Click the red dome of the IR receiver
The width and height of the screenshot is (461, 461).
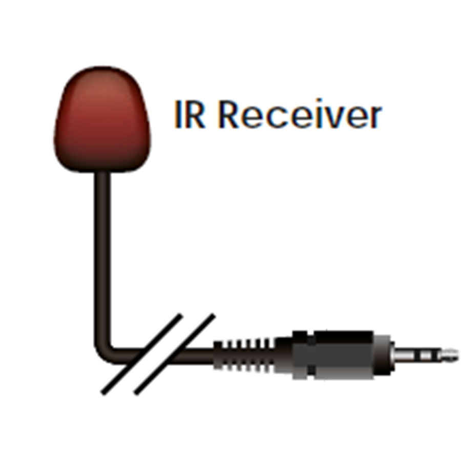coord(102,119)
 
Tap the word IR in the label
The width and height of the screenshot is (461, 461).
coord(190,114)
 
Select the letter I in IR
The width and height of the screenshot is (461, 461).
coord(177,114)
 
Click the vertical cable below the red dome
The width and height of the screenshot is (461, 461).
coord(102,256)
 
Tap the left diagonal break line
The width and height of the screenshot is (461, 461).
coord(142,354)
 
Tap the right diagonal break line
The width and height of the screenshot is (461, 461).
coord(175,354)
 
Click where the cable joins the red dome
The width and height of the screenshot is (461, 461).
coord(102,173)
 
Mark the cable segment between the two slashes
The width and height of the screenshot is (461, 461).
coord(159,357)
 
